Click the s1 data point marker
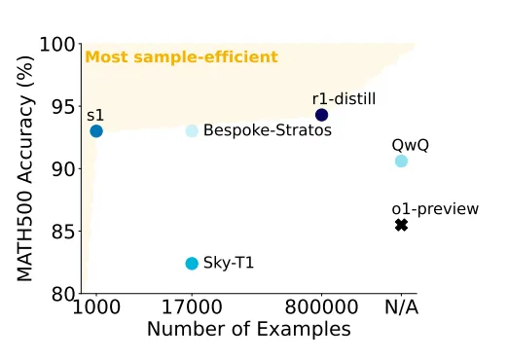[96, 131]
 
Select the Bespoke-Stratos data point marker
[192, 131]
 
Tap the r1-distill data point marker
[321, 115]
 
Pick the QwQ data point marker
[401, 161]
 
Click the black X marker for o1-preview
[401, 225]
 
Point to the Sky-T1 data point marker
[192, 264]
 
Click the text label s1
[95, 115]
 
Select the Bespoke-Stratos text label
[268, 130]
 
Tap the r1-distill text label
[344, 98]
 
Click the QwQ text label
[410, 145]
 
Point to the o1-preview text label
[435, 209]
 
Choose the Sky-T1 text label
[229, 263]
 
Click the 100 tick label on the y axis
[59, 44]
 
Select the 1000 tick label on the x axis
[96, 306]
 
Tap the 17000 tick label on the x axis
[192, 306]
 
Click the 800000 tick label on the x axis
[321, 306]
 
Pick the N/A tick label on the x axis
[401, 306]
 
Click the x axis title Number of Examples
[249, 329]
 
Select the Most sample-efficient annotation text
[181, 57]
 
